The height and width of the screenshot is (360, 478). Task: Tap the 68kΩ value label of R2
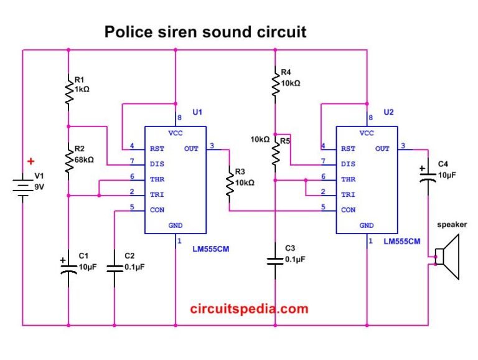point(84,160)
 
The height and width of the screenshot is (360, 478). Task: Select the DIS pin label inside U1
point(157,164)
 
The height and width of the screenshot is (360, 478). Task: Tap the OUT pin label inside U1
point(192,148)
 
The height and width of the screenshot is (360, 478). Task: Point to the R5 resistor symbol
point(274,151)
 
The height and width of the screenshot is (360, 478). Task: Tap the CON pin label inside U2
point(348,210)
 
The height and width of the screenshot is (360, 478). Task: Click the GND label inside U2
point(367,225)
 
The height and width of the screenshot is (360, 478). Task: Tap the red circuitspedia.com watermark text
point(249,308)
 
